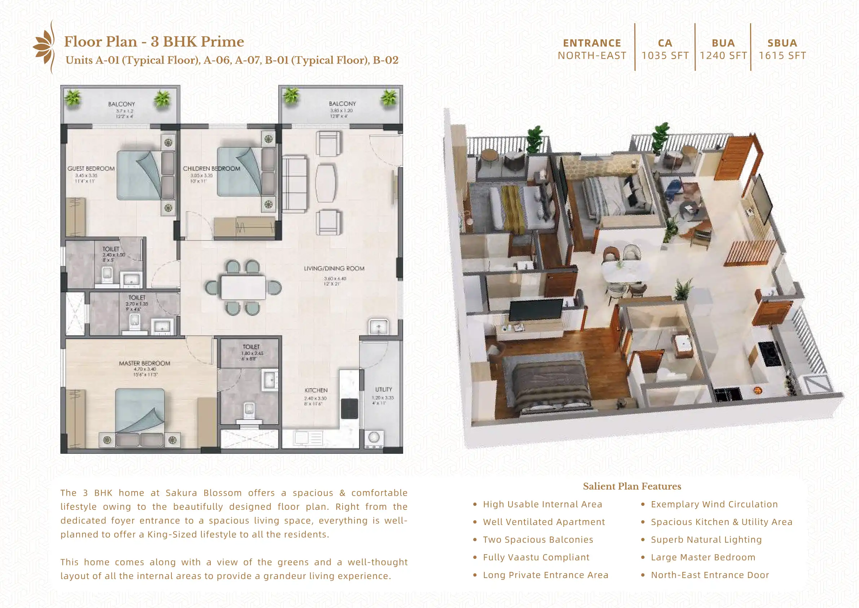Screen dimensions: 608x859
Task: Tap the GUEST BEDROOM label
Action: coord(91,169)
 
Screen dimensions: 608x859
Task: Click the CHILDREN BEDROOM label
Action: coord(212,169)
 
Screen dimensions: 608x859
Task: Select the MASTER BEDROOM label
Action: coord(144,363)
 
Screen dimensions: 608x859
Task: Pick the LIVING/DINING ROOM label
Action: coord(334,268)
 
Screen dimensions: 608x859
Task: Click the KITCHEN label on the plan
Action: coord(316,390)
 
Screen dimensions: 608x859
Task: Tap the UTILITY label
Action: coord(384,389)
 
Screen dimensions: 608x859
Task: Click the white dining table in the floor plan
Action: coord(243,287)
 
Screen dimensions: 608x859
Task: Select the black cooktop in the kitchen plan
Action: coord(349,409)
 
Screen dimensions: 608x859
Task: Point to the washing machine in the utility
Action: coord(374,437)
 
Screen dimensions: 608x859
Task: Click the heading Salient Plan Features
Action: coord(632,486)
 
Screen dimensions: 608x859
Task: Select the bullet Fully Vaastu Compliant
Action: coord(536,557)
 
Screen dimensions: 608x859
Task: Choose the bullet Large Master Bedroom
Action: coord(703,557)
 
